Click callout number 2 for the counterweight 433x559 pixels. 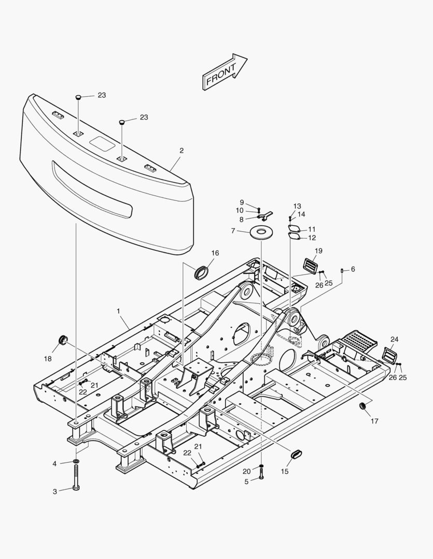pos(181,151)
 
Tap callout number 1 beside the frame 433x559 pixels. pos(118,311)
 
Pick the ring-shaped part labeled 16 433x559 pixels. pos(201,271)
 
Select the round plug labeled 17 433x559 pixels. pos(363,405)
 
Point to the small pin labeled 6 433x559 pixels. pos(342,270)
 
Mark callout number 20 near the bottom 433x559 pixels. pos(246,470)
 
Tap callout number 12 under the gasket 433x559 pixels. pos(312,238)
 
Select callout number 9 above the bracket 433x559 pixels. pos(241,202)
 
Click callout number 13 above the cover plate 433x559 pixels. pos(297,205)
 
